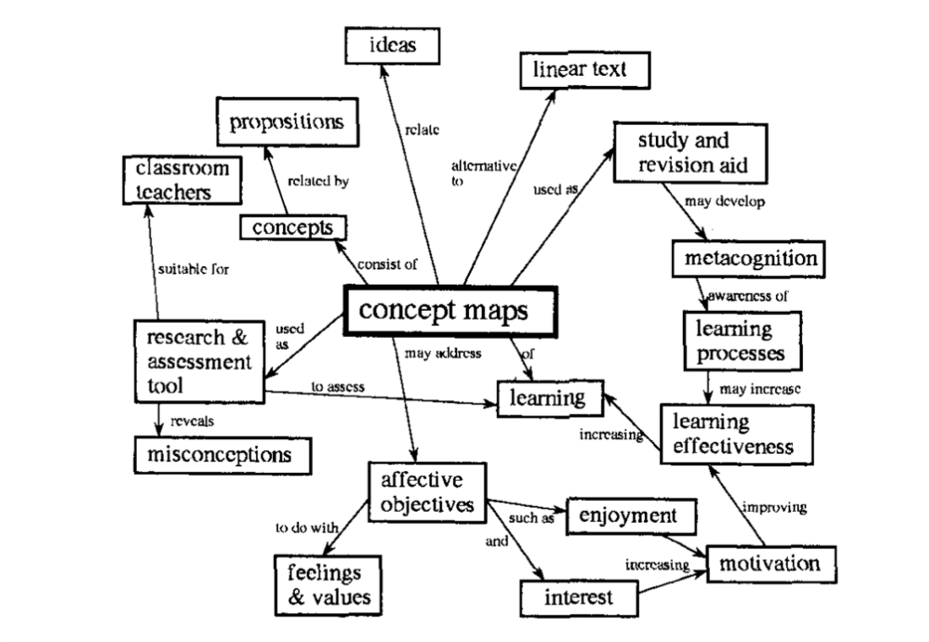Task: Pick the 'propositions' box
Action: (x=287, y=122)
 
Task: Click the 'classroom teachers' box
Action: (x=177, y=180)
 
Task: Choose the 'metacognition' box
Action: (x=746, y=257)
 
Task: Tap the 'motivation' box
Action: (x=770, y=563)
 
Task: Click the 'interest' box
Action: (x=578, y=598)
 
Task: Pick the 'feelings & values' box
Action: (x=325, y=584)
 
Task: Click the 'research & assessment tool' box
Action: (x=199, y=362)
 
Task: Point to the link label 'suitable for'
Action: (x=194, y=270)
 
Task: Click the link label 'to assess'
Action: (x=338, y=386)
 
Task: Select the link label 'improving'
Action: (x=774, y=508)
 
